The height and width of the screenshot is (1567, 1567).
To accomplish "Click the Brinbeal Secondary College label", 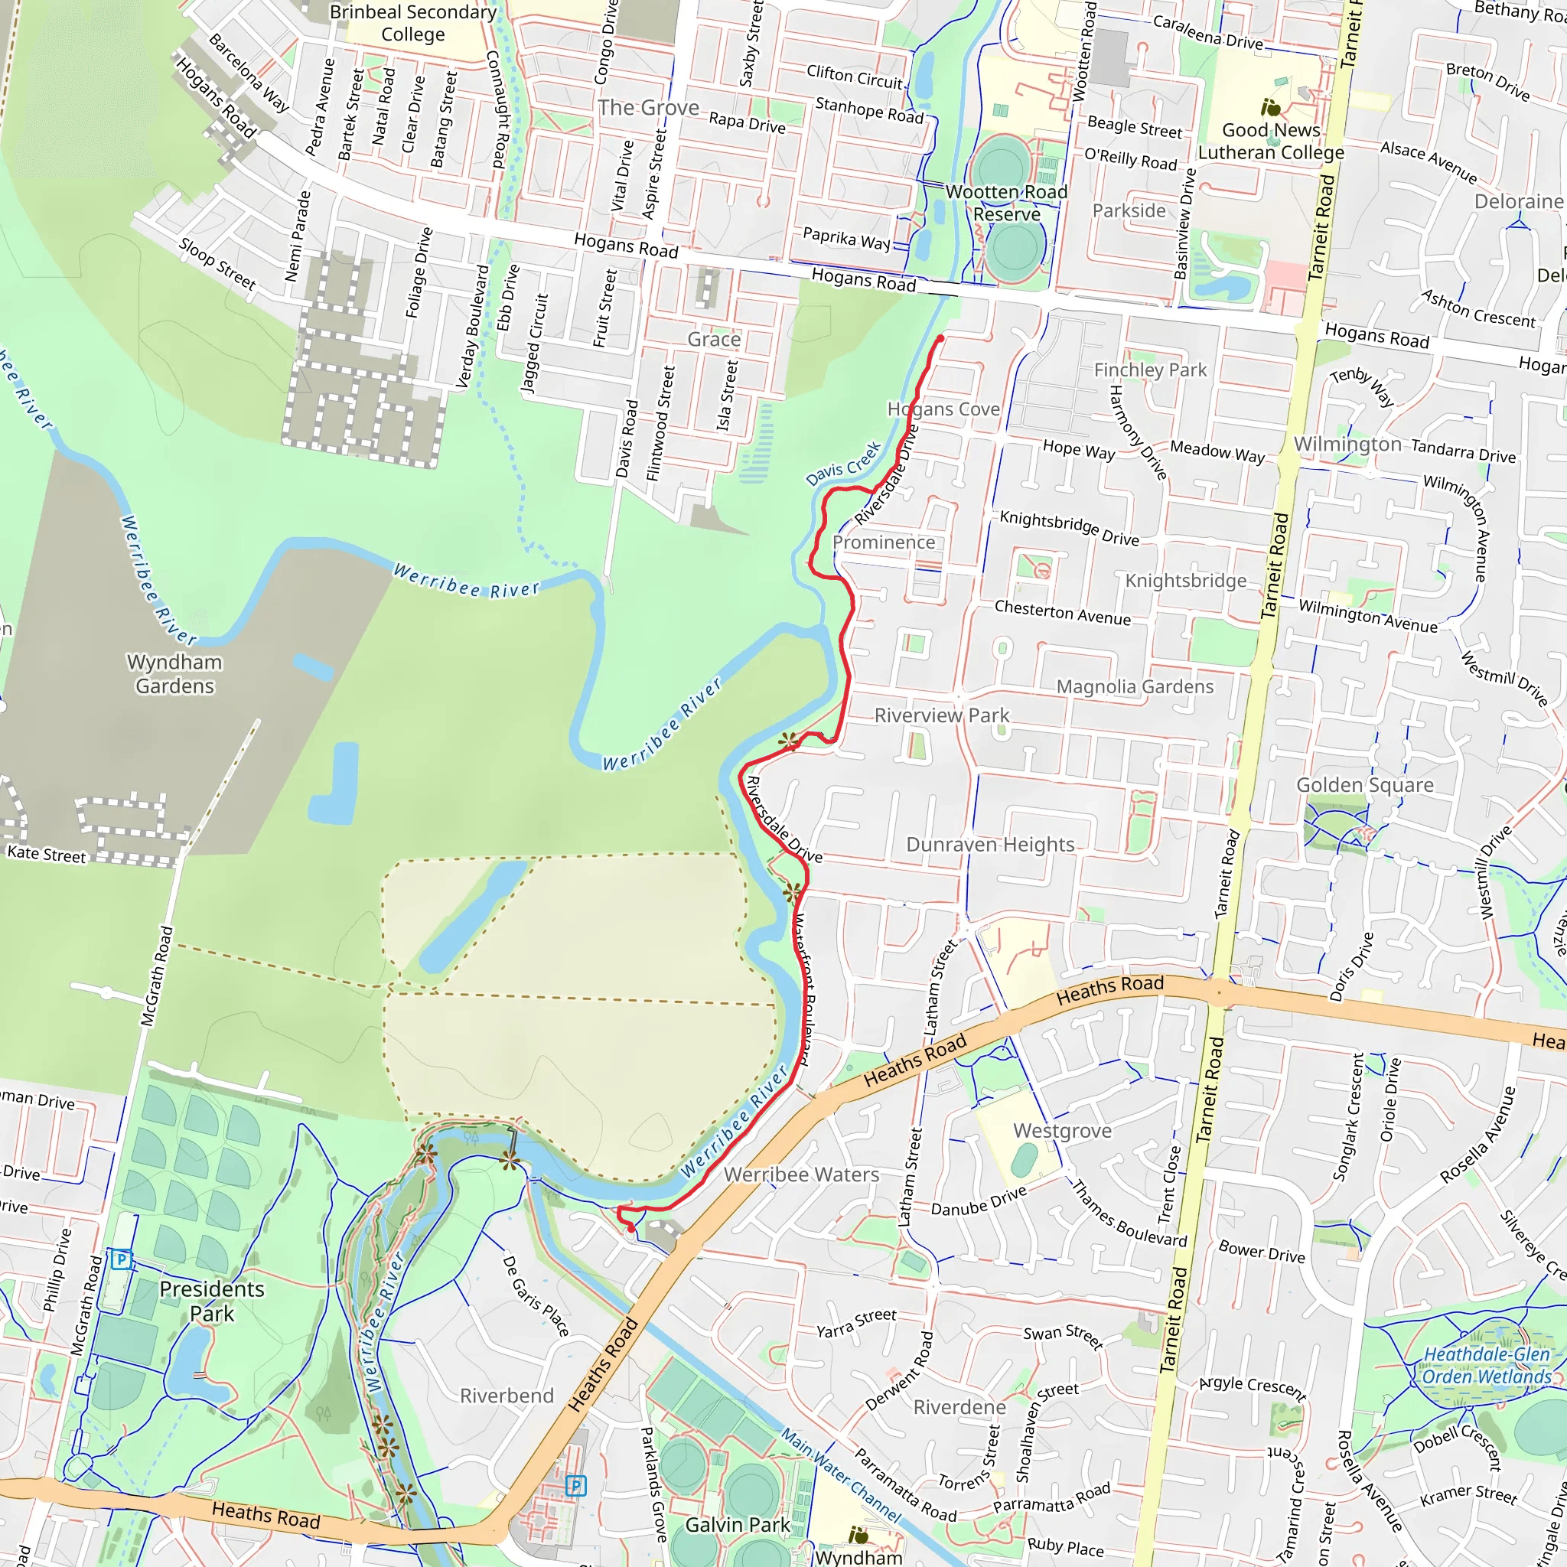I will coord(413,23).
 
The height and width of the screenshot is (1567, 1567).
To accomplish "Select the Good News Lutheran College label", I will coord(1270,141).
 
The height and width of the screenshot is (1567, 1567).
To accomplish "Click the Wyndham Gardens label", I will coord(174,674).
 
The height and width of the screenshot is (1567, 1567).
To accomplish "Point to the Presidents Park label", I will coord(212,1301).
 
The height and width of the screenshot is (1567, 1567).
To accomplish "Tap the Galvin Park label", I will coord(738,1525).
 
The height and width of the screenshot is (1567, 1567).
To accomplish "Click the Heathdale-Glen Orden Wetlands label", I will coord(1487,1365).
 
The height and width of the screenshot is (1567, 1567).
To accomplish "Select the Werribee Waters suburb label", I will coord(801,1174).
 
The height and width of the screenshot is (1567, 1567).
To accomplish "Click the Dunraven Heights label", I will coord(989,845).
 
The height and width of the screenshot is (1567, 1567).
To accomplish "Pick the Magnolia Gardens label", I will coord(1135,687).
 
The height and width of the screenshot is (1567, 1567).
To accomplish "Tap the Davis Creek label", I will coord(843,464).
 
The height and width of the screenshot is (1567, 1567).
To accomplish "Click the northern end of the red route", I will coord(940,337).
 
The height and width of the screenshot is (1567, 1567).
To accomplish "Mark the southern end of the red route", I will coord(632,1229).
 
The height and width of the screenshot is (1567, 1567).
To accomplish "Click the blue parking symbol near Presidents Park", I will coord(121,1259).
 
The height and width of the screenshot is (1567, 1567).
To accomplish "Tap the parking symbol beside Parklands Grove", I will coord(575,1486).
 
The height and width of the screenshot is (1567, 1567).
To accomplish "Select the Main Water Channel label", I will coord(840,1474).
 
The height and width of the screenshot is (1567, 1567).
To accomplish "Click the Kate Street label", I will coord(46,854).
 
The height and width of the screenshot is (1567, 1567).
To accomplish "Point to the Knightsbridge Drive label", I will coord(1069,528).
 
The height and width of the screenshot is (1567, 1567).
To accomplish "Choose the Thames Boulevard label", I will coord(1129,1214).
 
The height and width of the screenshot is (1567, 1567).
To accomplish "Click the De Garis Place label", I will coord(536,1296).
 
